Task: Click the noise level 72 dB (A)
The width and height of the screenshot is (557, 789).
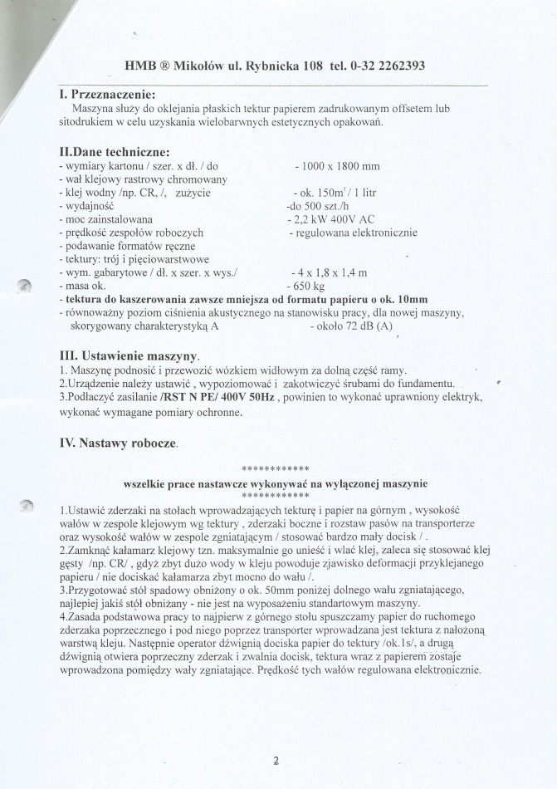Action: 361,326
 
